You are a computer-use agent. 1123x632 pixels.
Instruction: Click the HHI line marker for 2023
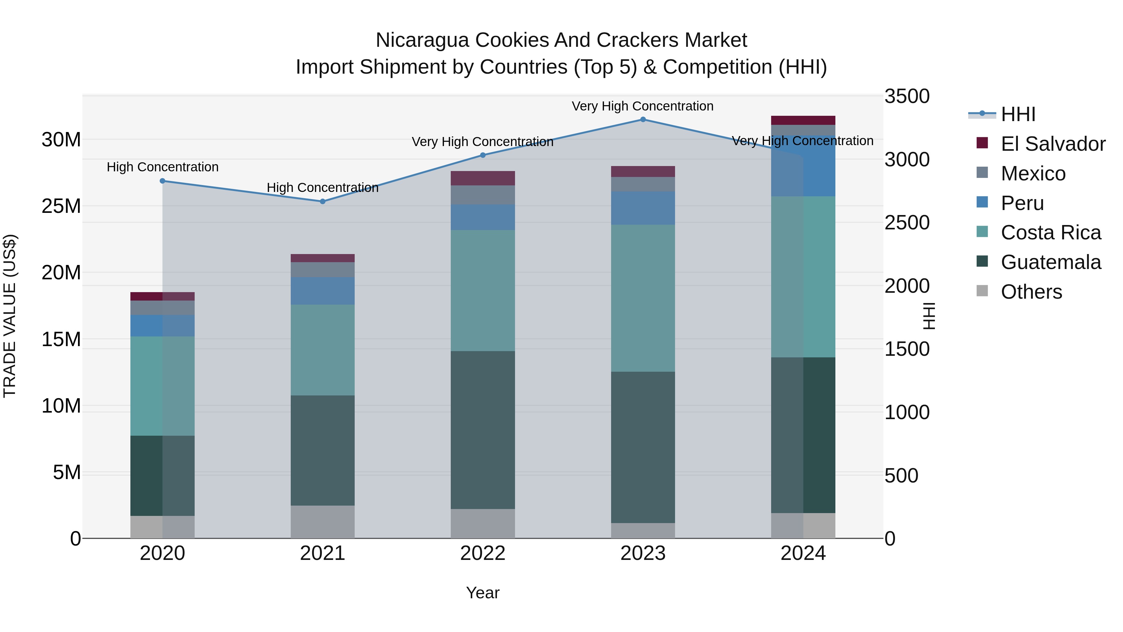point(643,120)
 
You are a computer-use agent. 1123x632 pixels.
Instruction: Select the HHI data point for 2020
point(163,181)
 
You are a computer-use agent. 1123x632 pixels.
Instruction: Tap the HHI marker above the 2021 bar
point(323,202)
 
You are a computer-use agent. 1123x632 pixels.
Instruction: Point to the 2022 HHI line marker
point(483,155)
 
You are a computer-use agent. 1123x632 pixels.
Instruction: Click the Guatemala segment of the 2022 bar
point(483,430)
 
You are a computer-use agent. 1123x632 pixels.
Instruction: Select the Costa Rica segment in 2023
point(643,298)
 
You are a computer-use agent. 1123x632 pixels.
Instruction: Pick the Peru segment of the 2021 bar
point(323,291)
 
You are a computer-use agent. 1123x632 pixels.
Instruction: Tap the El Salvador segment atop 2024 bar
point(803,120)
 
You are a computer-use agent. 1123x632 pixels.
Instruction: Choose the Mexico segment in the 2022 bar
point(483,195)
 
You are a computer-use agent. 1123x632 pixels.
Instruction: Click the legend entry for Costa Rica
point(1051,233)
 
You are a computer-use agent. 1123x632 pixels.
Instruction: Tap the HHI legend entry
point(1018,114)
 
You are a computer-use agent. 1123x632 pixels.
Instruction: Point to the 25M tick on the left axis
point(61,206)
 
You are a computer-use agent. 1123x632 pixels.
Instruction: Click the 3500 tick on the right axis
point(907,96)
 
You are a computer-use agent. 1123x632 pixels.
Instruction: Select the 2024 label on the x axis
point(803,553)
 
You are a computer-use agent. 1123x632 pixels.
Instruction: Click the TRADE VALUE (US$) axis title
point(10,316)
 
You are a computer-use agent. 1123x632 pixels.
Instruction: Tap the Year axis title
point(483,593)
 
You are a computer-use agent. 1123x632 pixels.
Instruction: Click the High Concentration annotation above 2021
point(323,188)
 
